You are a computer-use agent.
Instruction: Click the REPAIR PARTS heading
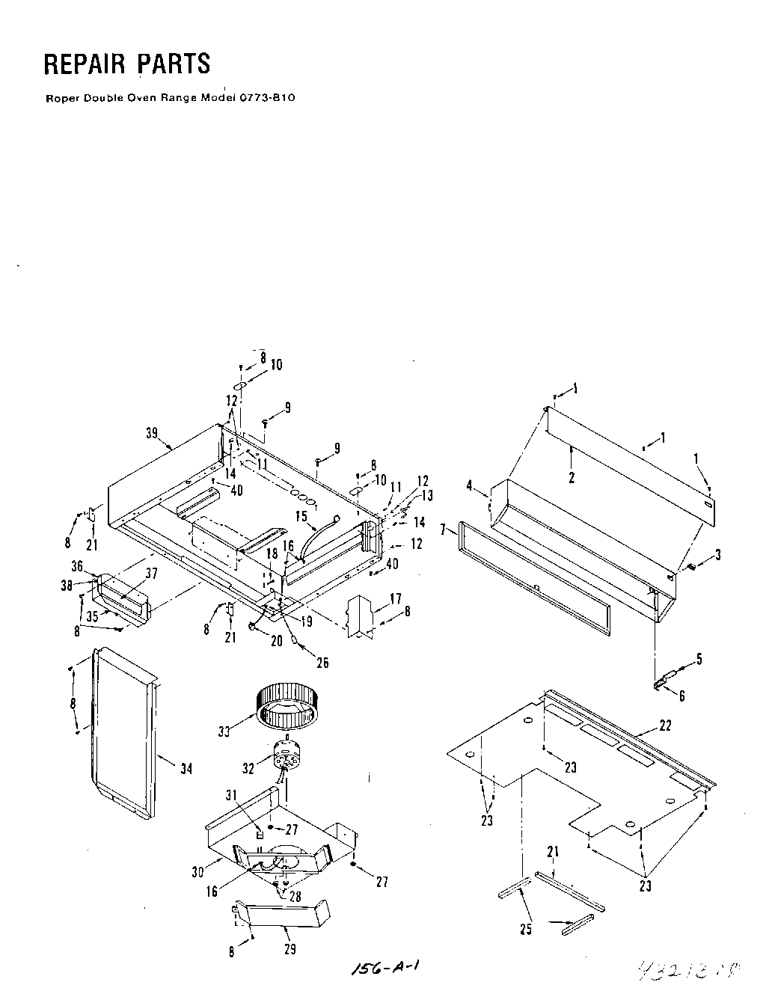coord(127,65)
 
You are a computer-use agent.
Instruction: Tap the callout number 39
coord(153,433)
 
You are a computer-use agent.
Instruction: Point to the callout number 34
coord(186,768)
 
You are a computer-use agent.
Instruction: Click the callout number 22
coord(665,725)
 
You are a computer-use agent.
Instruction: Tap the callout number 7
coord(443,530)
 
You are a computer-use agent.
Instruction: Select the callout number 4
coord(470,485)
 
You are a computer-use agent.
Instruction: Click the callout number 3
coord(717,554)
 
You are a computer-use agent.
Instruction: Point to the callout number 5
coord(699,658)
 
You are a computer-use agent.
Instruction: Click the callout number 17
coord(396,598)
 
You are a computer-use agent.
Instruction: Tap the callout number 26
coord(322,663)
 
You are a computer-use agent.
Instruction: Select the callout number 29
coord(290,949)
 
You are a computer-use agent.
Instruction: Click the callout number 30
coord(197,871)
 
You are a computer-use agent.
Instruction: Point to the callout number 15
coord(301,515)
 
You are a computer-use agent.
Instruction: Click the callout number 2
coord(572,478)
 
